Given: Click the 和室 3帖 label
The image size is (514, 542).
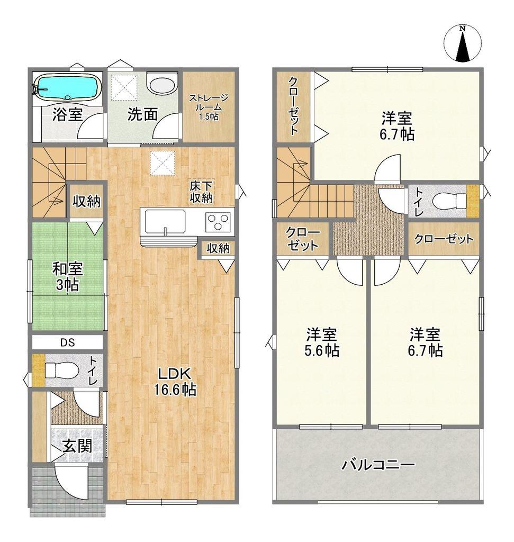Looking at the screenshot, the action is (67, 276).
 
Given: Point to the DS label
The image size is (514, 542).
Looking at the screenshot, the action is (68, 343).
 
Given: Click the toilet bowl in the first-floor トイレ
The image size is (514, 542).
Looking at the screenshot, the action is (60, 370).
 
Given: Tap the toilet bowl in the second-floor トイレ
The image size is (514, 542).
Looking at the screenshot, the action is (449, 200).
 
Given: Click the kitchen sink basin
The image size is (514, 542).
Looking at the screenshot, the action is (165, 222).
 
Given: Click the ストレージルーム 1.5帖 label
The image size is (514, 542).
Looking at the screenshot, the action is (208, 107).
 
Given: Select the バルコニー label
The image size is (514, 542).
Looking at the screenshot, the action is (378, 465).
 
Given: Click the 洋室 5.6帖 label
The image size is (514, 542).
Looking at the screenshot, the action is (321, 342).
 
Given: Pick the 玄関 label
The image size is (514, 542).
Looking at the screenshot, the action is (77, 446).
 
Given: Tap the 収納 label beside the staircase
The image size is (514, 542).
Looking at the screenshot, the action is (86, 201).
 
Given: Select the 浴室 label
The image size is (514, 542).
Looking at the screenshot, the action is (67, 114).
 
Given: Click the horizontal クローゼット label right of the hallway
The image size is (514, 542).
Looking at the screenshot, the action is (444, 239).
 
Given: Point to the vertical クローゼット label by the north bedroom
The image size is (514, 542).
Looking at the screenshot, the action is (293, 106).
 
